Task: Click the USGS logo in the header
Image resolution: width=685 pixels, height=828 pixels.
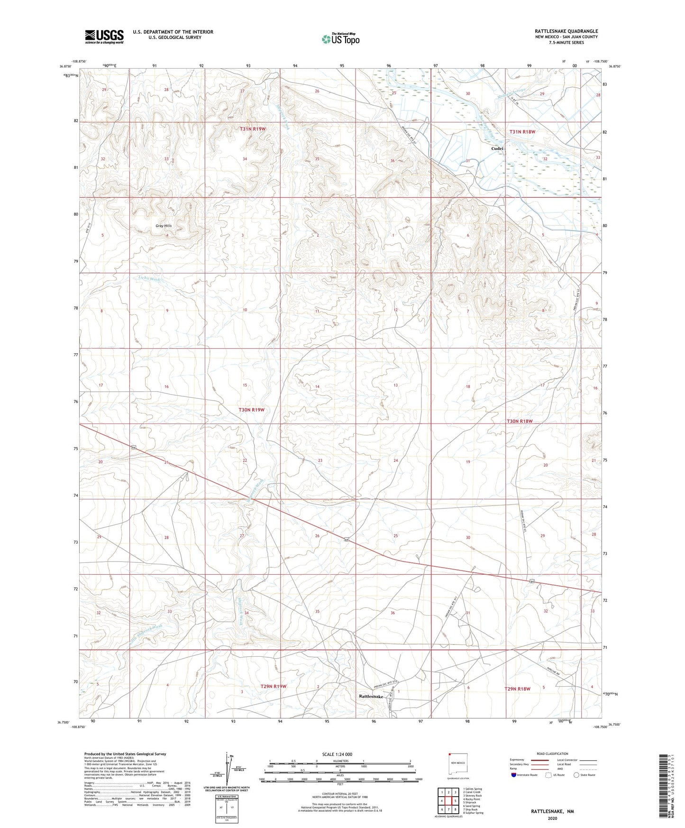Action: pos(104,37)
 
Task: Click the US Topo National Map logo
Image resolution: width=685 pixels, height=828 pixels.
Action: pos(340,39)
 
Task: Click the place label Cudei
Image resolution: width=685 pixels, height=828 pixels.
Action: pos(497,148)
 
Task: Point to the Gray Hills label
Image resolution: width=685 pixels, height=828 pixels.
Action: pos(164,226)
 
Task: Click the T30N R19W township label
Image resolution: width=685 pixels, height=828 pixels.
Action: pos(251,409)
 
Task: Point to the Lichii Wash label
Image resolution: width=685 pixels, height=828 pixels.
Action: pos(149,279)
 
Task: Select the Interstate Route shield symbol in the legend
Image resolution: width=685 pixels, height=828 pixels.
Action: pos(514,775)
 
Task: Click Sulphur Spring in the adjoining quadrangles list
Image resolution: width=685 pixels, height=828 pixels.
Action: pos(474,813)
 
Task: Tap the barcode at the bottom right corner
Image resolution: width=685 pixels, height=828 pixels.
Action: pos(663,787)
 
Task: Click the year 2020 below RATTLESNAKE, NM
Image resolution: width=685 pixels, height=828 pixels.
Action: pos(552,819)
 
